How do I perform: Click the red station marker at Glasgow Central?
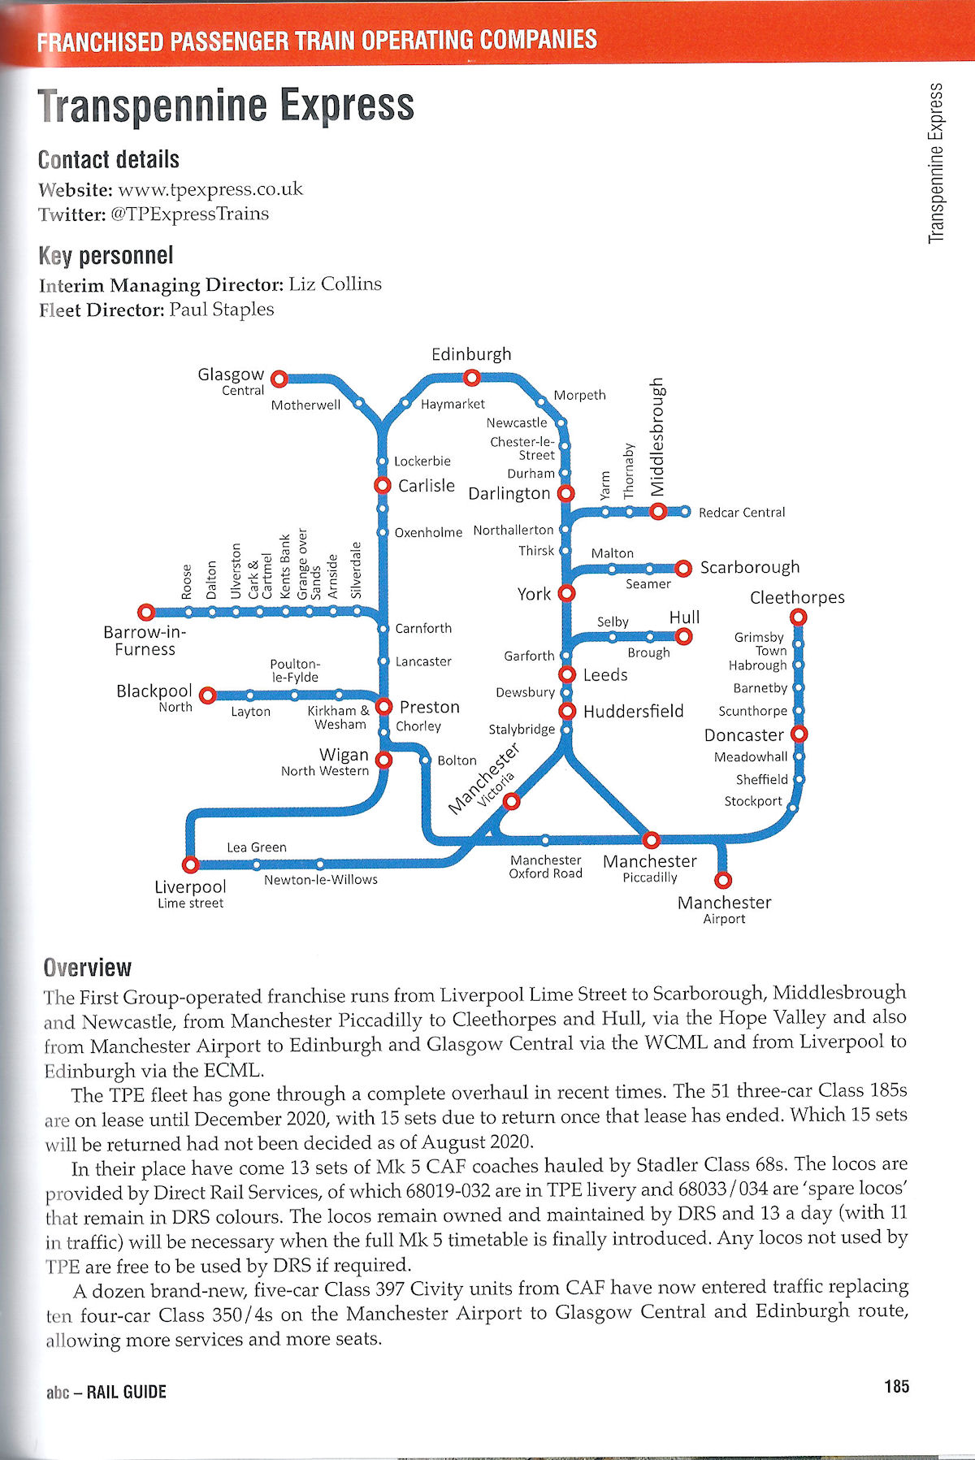[x=279, y=379]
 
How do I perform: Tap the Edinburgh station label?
[x=471, y=354]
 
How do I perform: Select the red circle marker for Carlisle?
[x=382, y=485]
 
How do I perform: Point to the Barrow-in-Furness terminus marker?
[x=146, y=612]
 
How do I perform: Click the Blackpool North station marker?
[x=208, y=695]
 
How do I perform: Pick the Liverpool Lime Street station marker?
[x=190, y=864]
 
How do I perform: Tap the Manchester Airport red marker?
[x=722, y=880]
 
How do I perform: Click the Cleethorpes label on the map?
[x=797, y=598]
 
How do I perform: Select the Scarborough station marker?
[x=683, y=568]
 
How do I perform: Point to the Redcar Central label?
[x=742, y=513]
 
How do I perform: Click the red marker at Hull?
[x=684, y=636]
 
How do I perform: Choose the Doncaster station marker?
[x=799, y=734]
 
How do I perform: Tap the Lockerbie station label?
[x=422, y=461]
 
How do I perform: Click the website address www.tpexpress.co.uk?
[x=210, y=190]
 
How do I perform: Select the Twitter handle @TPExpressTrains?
[x=189, y=214]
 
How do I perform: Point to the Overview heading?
[x=88, y=968]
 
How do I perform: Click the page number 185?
[x=896, y=1386]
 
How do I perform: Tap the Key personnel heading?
[x=106, y=256]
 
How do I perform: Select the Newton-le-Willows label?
[x=320, y=880]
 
